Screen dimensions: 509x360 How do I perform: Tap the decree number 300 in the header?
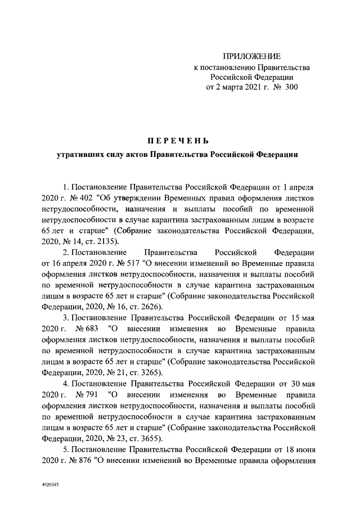point(290,87)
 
